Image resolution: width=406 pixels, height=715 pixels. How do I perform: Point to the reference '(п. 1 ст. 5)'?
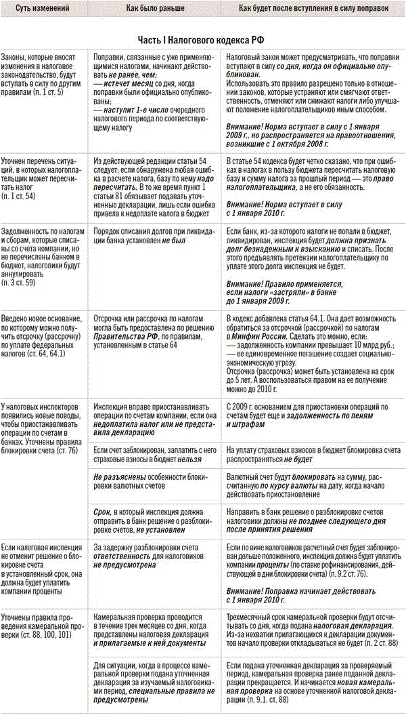coord(46,91)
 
